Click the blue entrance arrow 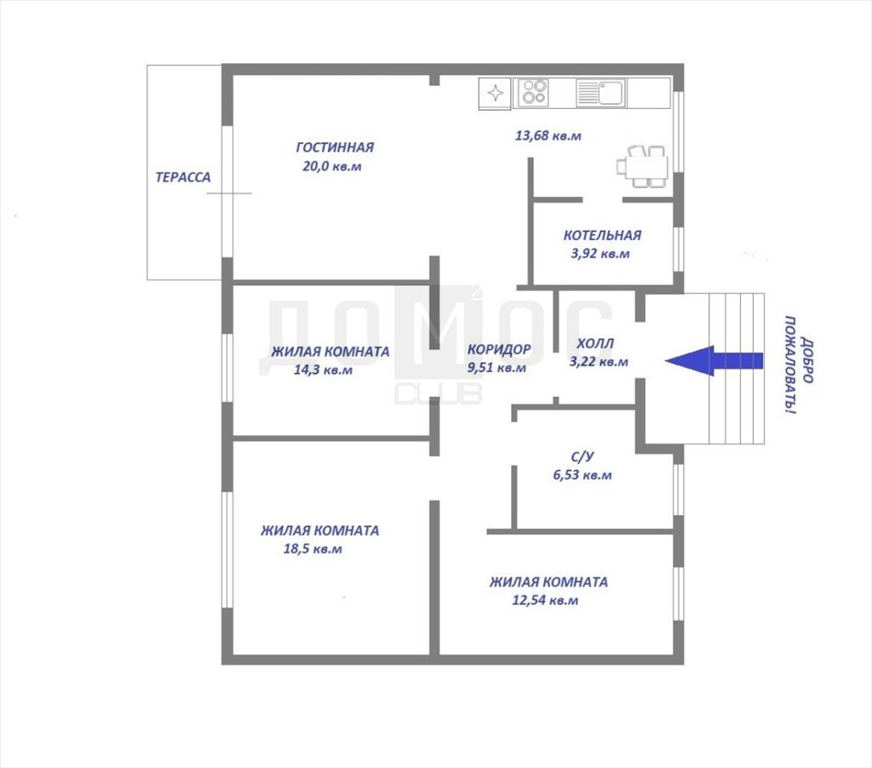pyautogui.click(x=714, y=360)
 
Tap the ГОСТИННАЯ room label pyautogui.click(x=335, y=147)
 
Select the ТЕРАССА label pyautogui.click(x=183, y=177)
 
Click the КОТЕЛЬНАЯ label pyautogui.click(x=602, y=235)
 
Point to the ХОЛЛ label pyautogui.click(x=595, y=344)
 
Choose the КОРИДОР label pyautogui.click(x=499, y=349)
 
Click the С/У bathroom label pyautogui.click(x=582, y=456)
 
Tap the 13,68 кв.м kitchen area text pyautogui.click(x=548, y=135)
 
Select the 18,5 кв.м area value pyautogui.click(x=313, y=549)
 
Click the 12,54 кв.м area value pyautogui.click(x=545, y=600)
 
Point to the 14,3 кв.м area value pyautogui.click(x=323, y=370)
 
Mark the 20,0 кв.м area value pyautogui.click(x=332, y=166)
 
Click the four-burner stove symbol pyautogui.click(x=534, y=92)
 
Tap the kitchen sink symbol pyautogui.click(x=601, y=92)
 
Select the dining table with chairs pyautogui.click(x=642, y=166)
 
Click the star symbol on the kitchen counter pyautogui.click(x=496, y=93)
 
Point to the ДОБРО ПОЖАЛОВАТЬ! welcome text pyautogui.click(x=799, y=365)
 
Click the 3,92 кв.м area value pyautogui.click(x=600, y=254)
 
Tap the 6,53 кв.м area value pyautogui.click(x=582, y=475)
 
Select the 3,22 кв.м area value pyautogui.click(x=599, y=362)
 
